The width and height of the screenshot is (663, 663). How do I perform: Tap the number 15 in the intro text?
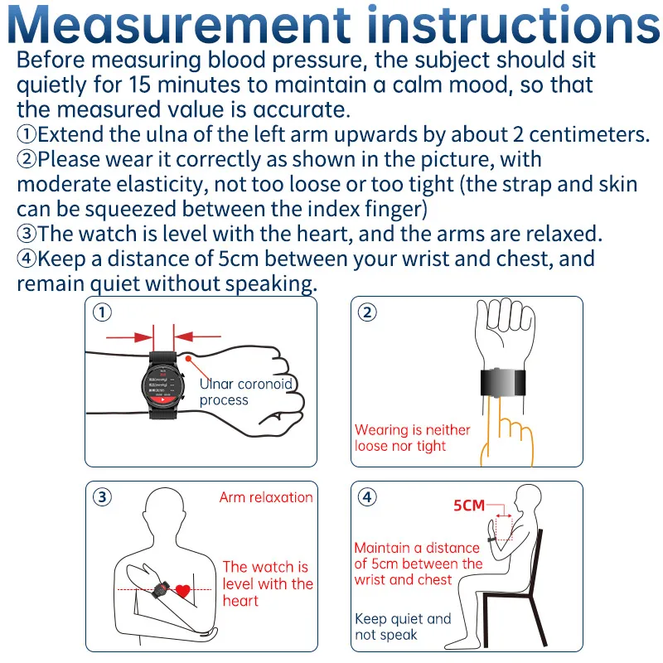139,85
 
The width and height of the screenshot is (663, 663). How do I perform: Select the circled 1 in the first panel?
102,312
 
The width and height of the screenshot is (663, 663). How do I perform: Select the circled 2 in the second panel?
367,312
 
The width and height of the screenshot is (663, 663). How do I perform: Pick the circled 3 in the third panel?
102,496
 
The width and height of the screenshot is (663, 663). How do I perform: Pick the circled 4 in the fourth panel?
367,496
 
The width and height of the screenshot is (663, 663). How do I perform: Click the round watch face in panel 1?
162,385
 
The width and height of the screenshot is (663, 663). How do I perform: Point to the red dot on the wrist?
188,359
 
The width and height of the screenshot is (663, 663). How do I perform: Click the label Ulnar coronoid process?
245,391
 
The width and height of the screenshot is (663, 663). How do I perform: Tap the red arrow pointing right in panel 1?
129,337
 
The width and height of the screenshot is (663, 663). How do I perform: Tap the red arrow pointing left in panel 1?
197,336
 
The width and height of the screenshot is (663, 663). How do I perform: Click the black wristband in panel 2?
503,383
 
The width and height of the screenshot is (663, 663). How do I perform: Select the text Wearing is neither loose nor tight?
412,438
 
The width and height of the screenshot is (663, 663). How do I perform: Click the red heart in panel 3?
183,591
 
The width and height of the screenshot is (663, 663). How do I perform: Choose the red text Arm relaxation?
266,497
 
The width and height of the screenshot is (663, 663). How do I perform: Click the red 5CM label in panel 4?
469,506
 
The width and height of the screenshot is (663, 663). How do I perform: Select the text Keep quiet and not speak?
403,627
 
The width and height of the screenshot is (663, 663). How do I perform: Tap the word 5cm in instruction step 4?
238,259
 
